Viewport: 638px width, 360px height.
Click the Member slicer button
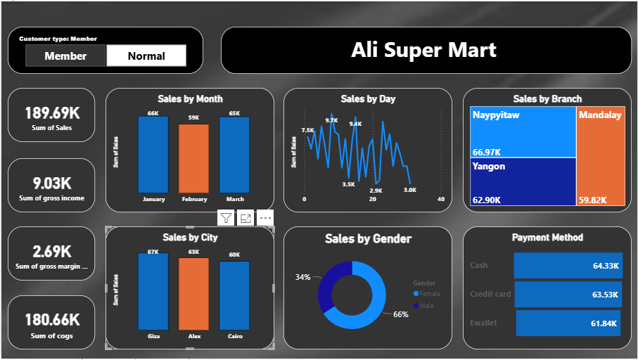65,56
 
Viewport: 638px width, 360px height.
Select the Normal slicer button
146,56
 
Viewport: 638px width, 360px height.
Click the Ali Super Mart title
425,50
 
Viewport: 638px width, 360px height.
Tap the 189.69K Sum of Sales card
51,115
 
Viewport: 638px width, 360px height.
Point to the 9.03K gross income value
51,184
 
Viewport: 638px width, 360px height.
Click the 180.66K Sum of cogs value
51,320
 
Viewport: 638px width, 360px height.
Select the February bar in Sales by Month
193,158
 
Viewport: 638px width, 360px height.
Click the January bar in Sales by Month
153,155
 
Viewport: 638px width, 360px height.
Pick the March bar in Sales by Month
234,155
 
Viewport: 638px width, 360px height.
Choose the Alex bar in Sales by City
193,294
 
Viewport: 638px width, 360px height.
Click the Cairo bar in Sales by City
234,295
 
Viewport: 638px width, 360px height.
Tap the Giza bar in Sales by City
153,292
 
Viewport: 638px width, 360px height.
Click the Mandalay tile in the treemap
601,156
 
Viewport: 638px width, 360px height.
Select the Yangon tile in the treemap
523,181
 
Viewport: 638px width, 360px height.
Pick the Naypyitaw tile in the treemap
523,131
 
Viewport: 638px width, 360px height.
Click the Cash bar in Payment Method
568,266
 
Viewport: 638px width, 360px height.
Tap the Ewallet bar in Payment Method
568,323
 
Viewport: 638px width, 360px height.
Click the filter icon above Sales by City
225,218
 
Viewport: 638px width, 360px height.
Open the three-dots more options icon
265,218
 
